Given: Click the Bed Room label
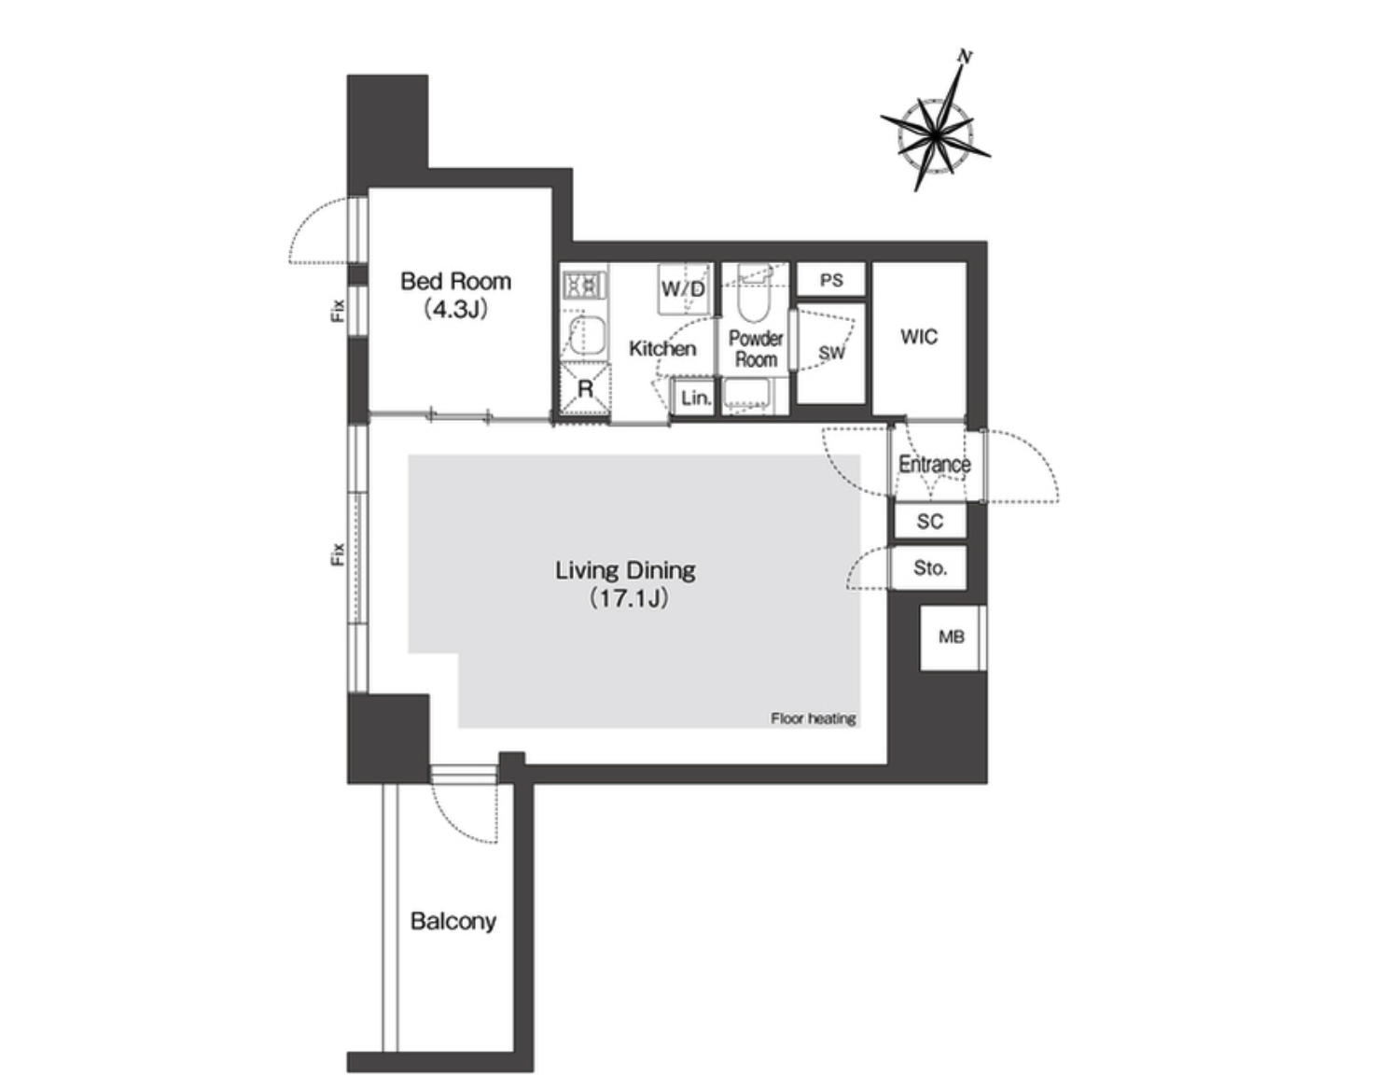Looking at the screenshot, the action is [455, 281].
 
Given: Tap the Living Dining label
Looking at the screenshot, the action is [625, 569].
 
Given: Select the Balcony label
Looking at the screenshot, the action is [452, 921].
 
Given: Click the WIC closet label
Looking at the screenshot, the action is [919, 336].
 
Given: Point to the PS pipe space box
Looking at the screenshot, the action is [831, 280].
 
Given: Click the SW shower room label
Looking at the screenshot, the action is [831, 353].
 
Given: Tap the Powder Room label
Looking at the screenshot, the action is [756, 349].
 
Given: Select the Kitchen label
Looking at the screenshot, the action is [662, 349].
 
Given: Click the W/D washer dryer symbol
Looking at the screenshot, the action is [684, 289].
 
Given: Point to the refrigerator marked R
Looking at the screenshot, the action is [585, 388].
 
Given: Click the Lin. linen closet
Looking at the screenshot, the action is [694, 398].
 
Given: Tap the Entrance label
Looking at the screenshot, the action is [934, 464].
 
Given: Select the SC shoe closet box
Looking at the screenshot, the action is [930, 521].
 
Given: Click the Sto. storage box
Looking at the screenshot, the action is [929, 567].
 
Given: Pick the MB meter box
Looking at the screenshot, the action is [952, 637].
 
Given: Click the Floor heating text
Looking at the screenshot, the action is [814, 719].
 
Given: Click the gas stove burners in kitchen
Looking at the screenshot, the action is [584, 285].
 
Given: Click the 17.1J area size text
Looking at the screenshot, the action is [629, 598].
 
